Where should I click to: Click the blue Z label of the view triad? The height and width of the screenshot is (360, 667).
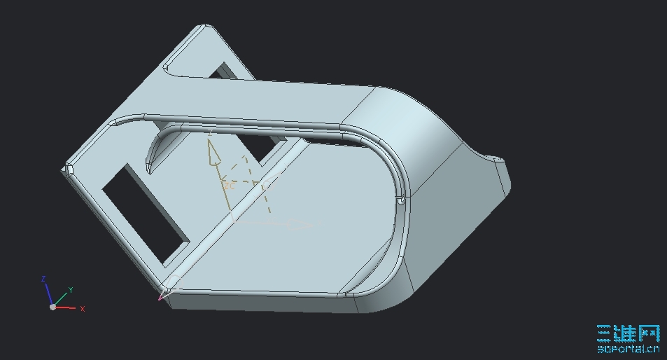coord(43,279)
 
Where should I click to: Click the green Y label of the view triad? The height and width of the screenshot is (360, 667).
coord(71,289)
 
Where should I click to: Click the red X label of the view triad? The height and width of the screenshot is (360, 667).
coord(83,309)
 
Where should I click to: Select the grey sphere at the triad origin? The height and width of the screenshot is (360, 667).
coord(52,307)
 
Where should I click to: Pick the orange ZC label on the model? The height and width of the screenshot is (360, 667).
coord(229,186)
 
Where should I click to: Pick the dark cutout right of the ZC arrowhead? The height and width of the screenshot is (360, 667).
coord(265,146)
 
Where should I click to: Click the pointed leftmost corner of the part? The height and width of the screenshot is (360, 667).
coord(68,169)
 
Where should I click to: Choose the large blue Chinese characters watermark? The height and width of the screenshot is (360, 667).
coord(628,333)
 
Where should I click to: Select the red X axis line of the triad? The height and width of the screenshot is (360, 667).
coord(66,307)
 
